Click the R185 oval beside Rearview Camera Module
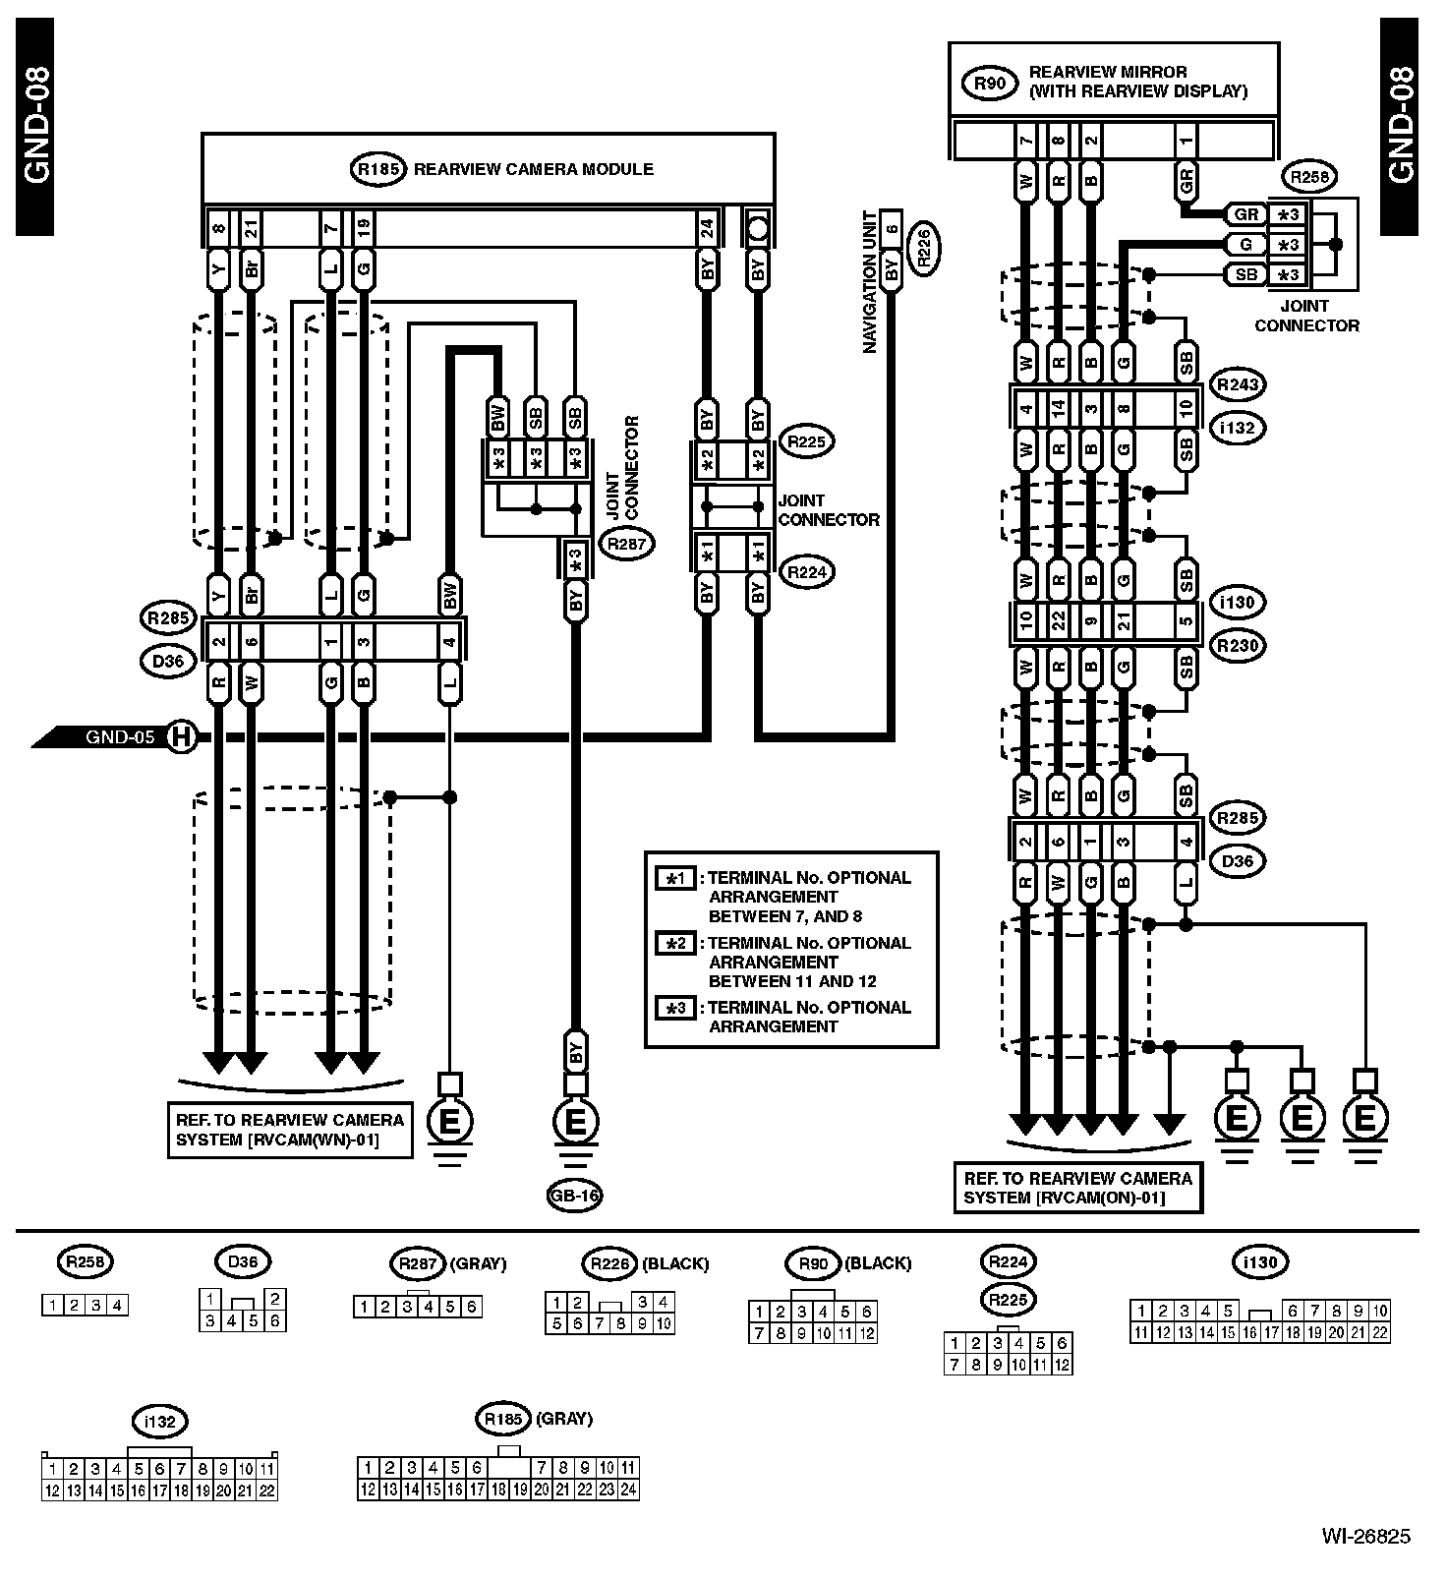click(x=377, y=169)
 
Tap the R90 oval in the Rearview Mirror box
click(x=990, y=83)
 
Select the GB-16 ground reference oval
click(x=575, y=1196)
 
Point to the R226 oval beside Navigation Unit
click(x=924, y=246)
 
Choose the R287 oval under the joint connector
click(x=627, y=543)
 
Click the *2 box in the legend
click(x=676, y=944)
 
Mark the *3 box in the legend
click(x=676, y=1009)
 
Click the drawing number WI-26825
click(x=1365, y=1536)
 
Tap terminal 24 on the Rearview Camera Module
click(x=707, y=230)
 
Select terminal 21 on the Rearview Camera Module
click(x=251, y=230)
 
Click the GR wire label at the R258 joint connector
click(x=1245, y=214)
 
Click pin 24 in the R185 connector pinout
click(x=628, y=1490)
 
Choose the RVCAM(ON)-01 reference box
click(x=1078, y=1188)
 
